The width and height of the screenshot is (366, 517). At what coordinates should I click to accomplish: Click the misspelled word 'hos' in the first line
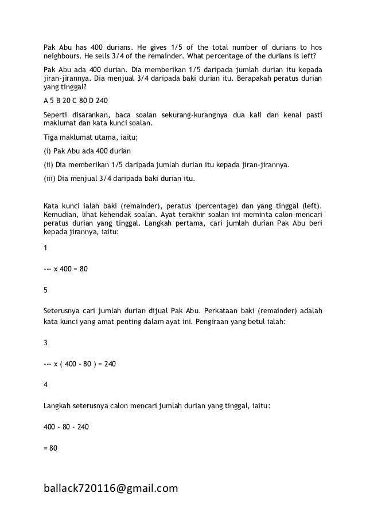[315, 46]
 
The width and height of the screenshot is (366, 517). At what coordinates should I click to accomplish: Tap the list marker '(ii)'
[49, 165]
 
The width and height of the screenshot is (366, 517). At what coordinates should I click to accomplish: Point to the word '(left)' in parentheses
[310, 206]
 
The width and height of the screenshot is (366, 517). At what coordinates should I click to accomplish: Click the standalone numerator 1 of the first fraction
[46, 247]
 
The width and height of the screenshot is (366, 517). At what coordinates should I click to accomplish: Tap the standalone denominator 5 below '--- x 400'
[46, 290]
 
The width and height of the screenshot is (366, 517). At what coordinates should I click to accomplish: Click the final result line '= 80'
[50, 447]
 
